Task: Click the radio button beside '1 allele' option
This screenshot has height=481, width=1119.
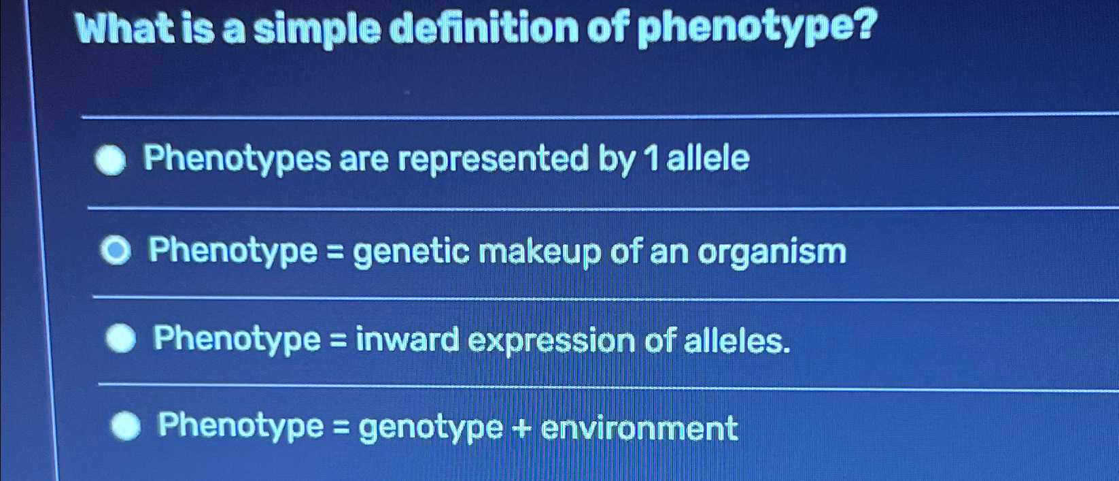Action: [x=111, y=162]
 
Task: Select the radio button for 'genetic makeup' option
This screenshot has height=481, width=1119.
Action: [x=116, y=252]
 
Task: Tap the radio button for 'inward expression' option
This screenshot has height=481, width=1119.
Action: [x=121, y=339]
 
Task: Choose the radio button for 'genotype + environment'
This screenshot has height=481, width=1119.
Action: [x=126, y=427]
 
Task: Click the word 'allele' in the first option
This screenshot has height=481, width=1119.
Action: [x=708, y=159]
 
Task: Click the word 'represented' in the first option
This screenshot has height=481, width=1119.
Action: [x=493, y=160]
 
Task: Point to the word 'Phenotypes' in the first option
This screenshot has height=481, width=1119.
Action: [x=237, y=161]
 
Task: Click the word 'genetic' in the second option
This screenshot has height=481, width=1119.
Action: [x=411, y=252]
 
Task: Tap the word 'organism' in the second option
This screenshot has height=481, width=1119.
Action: [x=772, y=252]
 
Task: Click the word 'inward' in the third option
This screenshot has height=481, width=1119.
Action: [x=407, y=339]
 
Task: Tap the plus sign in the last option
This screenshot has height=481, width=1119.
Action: [x=522, y=428]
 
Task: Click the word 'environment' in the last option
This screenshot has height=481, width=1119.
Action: [x=639, y=428]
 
